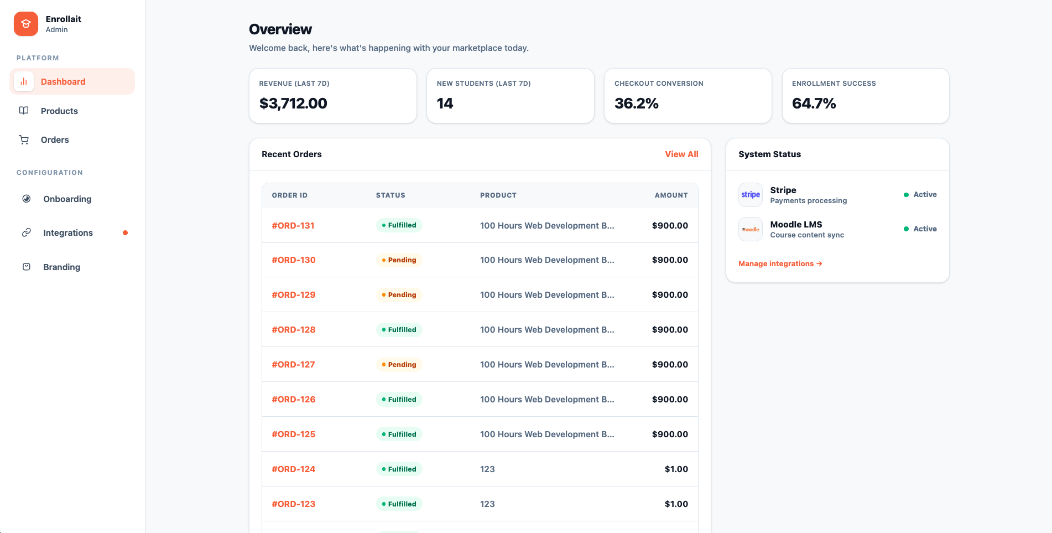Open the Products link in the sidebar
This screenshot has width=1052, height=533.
pyautogui.click(x=59, y=111)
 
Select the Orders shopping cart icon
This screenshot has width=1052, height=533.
pyautogui.click(x=24, y=140)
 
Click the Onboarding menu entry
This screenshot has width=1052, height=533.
pyautogui.click(x=67, y=199)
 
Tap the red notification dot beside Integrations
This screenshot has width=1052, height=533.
pyautogui.click(x=126, y=233)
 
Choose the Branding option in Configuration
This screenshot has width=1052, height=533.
pyautogui.click(x=61, y=267)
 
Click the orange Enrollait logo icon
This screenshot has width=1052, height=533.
pyautogui.click(x=26, y=24)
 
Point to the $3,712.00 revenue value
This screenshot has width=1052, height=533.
pyautogui.click(x=293, y=104)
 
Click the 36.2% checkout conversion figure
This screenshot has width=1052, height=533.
pyautogui.click(x=636, y=104)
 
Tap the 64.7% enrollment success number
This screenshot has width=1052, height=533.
pyautogui.click(x=814, y=104)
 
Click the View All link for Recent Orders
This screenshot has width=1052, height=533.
pyautogui.click(x=681, y=154)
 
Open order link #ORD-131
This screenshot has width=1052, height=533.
pyautogui.click(x=293, y=226)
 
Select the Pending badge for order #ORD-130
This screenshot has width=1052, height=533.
pyautogui.click(x=399, y=260)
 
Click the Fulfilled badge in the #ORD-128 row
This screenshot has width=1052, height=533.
pyautogui.click(x=399, y=330)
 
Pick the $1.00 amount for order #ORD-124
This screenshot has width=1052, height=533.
pyautogui.click(x=676, y=469)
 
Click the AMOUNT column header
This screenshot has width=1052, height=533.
pyautogui.click(x=671, y=195)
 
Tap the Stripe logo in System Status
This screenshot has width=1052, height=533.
pyautogui.click(x=751, y=195)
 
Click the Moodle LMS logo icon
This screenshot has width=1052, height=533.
pyautogui.click(x=751, y=229)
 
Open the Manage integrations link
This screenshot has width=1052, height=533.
pyautogui.click(x=780, y=264)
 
